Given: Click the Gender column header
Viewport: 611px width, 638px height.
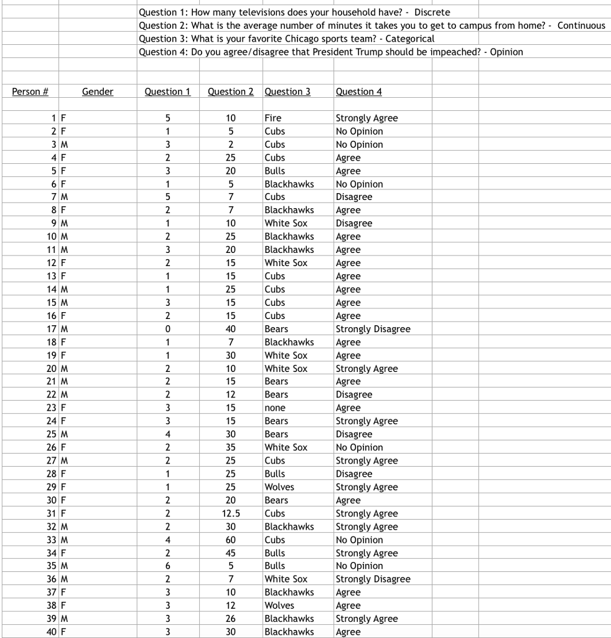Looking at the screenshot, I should tap(98, 92).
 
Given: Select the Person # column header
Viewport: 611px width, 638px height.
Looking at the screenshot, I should tap(30, 92).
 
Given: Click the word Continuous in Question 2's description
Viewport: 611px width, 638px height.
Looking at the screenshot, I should tap(581, 26).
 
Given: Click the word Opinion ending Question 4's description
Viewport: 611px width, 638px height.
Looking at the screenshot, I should tap(506, 52).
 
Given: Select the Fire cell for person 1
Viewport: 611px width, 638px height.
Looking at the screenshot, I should tap(273, 118).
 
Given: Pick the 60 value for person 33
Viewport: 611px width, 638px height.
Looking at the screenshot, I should tap(231, 540).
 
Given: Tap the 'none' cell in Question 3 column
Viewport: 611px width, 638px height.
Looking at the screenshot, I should tap(274, 407).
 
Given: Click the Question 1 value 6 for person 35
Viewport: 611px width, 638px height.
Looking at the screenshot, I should tap(168, 566).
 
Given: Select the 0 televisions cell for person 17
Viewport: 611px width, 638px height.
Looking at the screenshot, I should tap(168, 328).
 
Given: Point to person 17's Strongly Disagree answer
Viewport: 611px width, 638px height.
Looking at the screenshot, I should tap(373, 328).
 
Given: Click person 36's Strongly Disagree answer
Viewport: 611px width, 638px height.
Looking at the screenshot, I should tap(373, 579).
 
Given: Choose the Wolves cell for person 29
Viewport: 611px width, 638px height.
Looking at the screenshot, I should tap(279, 487).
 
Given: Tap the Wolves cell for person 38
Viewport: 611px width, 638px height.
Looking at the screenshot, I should tap(279, 605).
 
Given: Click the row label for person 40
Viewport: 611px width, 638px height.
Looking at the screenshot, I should tap(52, 632).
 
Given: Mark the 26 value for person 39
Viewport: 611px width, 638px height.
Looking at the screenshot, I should tap(231, 619).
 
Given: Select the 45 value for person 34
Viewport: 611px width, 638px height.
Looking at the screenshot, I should tap(231, 553).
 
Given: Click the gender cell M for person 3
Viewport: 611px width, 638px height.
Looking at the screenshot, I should tap(64, 145).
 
